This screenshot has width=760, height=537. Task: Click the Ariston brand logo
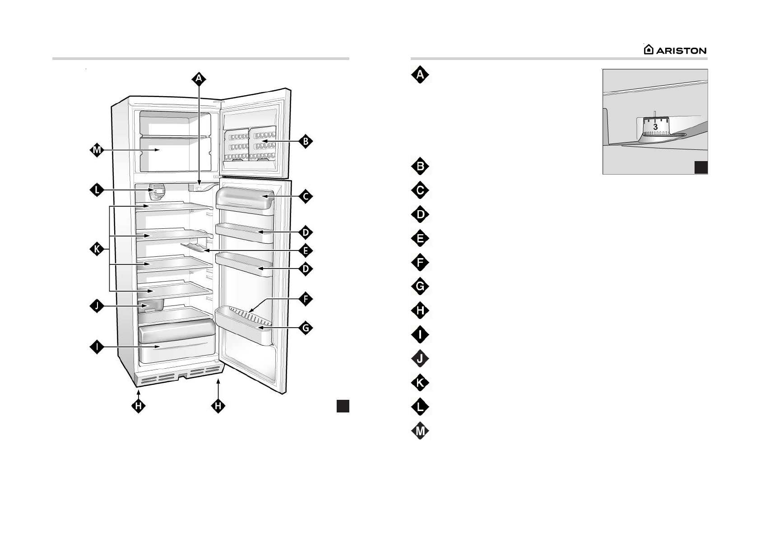coord(675,50)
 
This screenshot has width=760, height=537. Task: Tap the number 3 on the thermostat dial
coord(655,127)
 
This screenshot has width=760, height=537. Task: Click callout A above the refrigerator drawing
coord(199,79)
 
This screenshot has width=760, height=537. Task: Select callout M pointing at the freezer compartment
coord(97,150)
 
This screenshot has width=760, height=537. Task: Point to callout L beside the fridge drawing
coord(97,190)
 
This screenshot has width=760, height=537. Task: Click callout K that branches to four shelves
coord(97,249)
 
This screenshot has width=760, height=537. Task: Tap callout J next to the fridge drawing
coord(97,307)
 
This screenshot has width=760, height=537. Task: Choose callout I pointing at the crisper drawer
coord(97,347)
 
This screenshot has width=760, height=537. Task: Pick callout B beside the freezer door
coord(306,141)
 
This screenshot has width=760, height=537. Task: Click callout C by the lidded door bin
coord(306,196)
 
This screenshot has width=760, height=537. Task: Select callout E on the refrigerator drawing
coord(306,250)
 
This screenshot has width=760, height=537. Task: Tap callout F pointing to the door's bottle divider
coord(306,299)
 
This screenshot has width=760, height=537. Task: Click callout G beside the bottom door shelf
coord(306,328)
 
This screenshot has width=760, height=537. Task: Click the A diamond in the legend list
coord(420,75)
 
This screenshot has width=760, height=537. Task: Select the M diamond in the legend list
coord(420,431)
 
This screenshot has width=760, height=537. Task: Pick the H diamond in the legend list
coord(420,310)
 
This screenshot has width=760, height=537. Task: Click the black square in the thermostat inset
coord(700,167)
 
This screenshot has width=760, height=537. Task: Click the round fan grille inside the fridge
coord(156,191)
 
